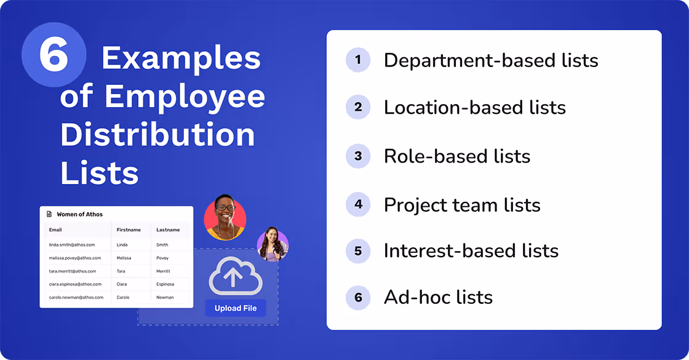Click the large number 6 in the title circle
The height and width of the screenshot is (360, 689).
coord(54,56)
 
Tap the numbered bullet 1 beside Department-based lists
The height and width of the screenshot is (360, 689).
coord(358,60)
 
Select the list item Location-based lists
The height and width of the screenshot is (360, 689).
coord(474,107)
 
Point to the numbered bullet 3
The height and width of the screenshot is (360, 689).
coord(358,156)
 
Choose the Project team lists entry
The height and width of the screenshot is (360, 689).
coord(462,204)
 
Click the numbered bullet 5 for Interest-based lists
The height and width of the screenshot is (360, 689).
coord(358,251)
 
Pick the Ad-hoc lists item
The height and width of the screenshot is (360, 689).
coord(438,297)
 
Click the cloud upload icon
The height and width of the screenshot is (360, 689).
coord(236,276)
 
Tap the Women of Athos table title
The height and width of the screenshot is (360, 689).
coord(79,214)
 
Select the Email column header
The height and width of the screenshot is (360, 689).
coord(55,230)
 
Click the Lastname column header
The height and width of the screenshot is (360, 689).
coord(168,230)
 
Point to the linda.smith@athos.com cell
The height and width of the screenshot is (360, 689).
coord(72,245)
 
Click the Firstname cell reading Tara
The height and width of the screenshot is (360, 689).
coord(122,271)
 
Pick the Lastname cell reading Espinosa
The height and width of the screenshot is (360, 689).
coord(165,284)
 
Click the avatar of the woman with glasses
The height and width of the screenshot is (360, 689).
coord(225,217)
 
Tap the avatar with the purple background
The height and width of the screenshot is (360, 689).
coord(273,244)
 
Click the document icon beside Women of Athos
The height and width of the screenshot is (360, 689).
coord(49,214)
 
